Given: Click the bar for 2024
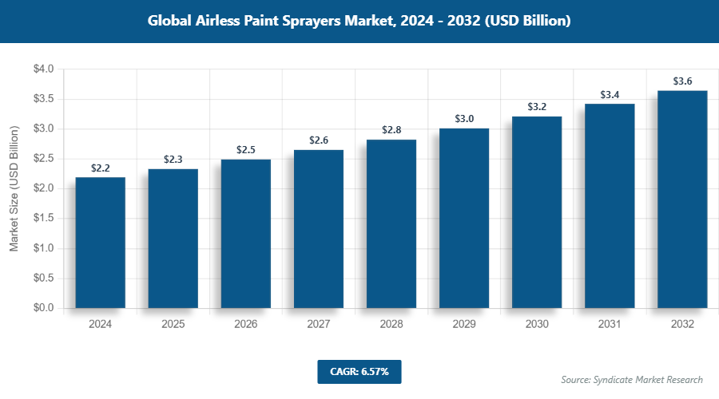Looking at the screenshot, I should tap(100, 243).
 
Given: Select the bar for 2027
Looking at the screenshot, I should tap(319, 229).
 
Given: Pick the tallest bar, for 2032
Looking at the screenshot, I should tap(682, 199).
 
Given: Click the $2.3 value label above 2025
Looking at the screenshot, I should tap(173, 160).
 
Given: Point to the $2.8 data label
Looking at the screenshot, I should tap(391, 130).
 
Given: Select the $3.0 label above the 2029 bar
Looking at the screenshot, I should tap(464, 119).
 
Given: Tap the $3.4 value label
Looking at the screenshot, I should tap(610, 95).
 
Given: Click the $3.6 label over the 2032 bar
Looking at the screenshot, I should tap(682, 81).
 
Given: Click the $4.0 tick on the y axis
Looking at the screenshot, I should tap(43, 69).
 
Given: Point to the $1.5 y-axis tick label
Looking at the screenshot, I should tap(43, 219).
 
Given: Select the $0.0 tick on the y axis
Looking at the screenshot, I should tap(43, 308).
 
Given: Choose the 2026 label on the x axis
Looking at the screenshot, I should tap(246, 325).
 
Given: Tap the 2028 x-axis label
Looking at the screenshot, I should tap(391, 325).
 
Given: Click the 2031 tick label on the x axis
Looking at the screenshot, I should tap(610, 325).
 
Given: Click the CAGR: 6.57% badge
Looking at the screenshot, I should tap(359, 372).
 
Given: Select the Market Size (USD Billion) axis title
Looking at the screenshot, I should tap(14, 189).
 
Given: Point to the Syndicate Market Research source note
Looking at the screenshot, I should tap(632, 379).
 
